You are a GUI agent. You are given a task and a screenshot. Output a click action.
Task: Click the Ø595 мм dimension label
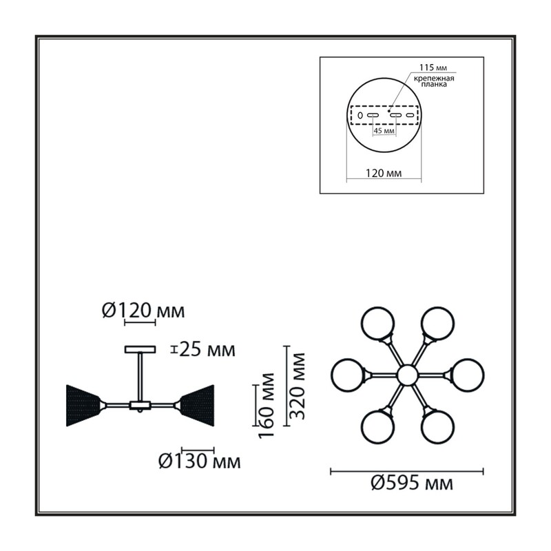[412, 484]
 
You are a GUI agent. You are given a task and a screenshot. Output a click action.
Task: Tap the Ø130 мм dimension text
[200, 461]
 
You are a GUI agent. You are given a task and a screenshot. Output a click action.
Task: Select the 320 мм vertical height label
[298, 386]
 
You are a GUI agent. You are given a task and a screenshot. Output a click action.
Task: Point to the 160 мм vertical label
[267, 405]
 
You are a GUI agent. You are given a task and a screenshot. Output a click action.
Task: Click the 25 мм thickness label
[207, 350]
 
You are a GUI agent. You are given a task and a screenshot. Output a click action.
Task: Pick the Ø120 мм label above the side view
[143, 311]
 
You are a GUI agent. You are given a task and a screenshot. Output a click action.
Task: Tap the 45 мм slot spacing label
[384, 131]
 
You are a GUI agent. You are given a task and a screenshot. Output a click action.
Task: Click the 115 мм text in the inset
[433, 67]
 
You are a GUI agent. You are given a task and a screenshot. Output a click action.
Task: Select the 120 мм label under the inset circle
[384, 173]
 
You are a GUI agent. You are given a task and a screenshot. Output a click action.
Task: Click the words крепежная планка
[434, 81]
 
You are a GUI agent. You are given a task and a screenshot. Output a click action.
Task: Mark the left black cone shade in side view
[83, 406]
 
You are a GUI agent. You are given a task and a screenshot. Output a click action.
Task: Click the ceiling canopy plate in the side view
[141, 349]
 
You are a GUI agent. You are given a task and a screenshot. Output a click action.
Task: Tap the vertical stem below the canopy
[141, 377]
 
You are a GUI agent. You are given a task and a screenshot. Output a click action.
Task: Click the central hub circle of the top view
[408, 375]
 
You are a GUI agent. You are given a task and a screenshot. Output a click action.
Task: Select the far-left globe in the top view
[348, 375]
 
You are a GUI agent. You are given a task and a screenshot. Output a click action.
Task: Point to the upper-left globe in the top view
[378, 323]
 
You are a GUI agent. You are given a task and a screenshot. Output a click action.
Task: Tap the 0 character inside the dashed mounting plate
[360, 115]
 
